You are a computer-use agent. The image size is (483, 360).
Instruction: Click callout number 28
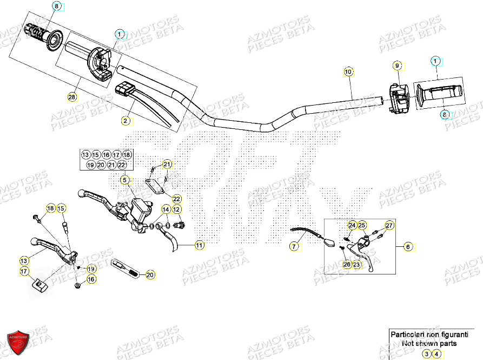(x=72, y=97)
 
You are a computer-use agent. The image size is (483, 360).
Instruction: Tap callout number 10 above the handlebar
(x=348, y=71)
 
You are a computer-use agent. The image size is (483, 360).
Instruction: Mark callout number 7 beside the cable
(x=294, y=247)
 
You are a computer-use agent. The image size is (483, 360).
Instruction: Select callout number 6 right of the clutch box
(x=408, y=246)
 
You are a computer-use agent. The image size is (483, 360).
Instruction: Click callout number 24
(x=352, y=225)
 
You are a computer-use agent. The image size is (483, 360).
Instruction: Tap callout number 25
(x=362, y=225)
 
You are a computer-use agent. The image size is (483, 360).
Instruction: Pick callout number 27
(x=389, y=225)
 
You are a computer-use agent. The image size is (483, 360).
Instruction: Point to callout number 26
(x=346, y=264)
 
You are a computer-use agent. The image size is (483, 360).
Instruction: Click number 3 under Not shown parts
(x=427, y=354)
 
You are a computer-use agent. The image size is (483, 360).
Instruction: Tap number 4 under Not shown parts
(x=437, y=354)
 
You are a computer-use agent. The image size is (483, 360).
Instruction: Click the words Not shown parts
(x=431, y=343)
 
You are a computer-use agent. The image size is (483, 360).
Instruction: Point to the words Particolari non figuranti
(x=431, y=335)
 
